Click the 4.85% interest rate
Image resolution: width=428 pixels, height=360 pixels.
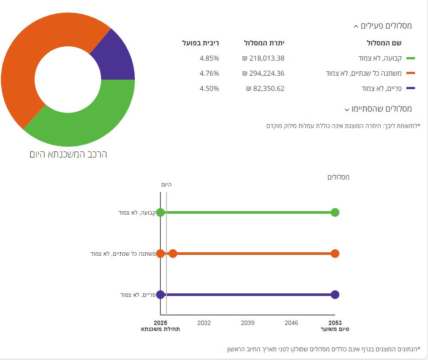pyautogui.click(x=209, y=58)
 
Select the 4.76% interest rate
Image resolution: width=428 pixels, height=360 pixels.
pyautogui.click(x=209, y=74)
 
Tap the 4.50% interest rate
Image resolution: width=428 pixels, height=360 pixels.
pyautogui.click(x=209, y=89)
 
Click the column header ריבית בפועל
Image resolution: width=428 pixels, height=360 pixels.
pyautogui.click(x=201, y=43)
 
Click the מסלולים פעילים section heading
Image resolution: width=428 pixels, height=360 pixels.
pyautogui.click(x=383, y=26)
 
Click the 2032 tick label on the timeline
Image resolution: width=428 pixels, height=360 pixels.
pyautogui.click(x=204, y=323)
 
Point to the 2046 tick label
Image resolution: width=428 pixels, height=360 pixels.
pyautogui.click(x=291, y=323)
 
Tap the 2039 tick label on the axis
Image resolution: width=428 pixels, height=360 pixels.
pyautogui.click(x=248, y=323)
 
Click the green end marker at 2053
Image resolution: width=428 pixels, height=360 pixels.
pyautogui.click(x=335, y=212)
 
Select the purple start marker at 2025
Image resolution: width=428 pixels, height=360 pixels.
pyautogui.click(x=160, y=295)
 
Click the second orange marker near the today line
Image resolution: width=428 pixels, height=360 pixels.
pyautogui.click(x=173, y=254)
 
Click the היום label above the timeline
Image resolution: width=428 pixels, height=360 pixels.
pyautogui.click(x=166, y=185)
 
